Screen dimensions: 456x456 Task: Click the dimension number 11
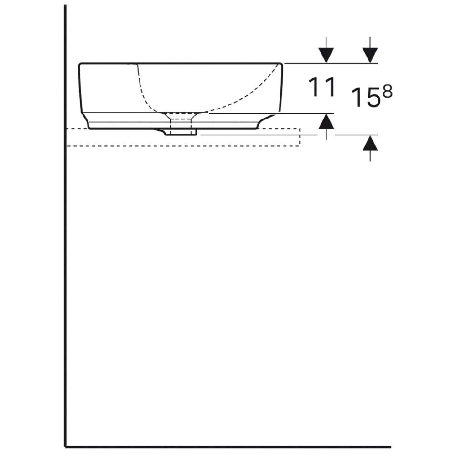322,87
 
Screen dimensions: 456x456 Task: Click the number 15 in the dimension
366,97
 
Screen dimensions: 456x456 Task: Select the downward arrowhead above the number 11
326,55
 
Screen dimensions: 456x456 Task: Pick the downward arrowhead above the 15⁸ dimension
370,55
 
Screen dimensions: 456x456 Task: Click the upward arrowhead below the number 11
326,121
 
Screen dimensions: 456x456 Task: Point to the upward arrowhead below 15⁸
370,144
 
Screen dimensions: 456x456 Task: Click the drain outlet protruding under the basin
180,132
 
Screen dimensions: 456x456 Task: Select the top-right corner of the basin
281,65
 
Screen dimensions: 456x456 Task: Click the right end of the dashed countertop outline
299,137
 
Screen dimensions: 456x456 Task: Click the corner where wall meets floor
66,446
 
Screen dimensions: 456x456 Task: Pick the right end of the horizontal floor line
389,446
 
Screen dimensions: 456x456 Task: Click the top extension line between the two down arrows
349,63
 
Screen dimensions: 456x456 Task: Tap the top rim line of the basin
182,64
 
